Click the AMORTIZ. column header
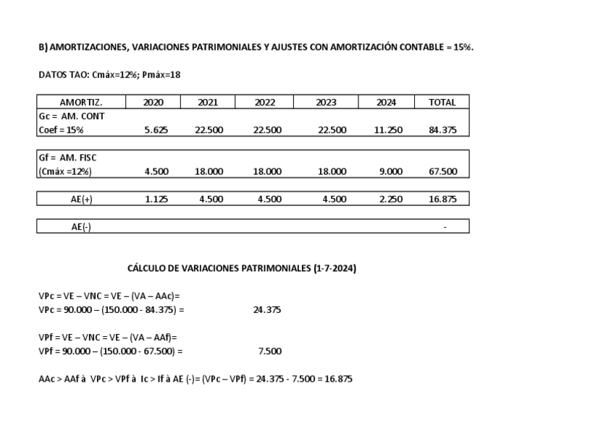pyautogui.click(x=81, y=103)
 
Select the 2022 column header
pyautogui.click(x=265, y=103)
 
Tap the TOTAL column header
pyautogui.click(x=442, y=103)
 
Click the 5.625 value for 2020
pyautogui.click(x=156, y=130)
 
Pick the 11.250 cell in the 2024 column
pyautogui.click(x=388, y=130)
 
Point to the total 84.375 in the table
pyautogui.click(x=442, y=130)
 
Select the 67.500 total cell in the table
pyautogui.click(x=442, y=171)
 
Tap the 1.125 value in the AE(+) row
pyautogui.click(x=156, y=200)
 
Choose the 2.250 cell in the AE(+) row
pyautogui.click(x=390, y=200)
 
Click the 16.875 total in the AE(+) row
pyautogui.click(x=442, y=200)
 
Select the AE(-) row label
pyautogui.click(x=81, y=227)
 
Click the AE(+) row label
pyautogui.click(x=81, y=200)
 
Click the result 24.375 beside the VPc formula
pyautogui.click(x=267, y=310)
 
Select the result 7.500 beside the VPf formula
pyautogui.click(x=269, y=351)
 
